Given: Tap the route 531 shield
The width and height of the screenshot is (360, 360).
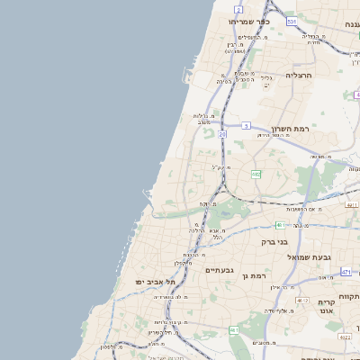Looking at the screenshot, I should click(292, 20).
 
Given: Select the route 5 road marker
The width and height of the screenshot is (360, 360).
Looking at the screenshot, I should click(245, 126).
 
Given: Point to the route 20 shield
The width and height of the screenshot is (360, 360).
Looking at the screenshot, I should click(221, 134).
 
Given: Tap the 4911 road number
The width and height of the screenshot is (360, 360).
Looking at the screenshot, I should click(350, 205).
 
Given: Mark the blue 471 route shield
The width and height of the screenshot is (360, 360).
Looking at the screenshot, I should click(346, 271).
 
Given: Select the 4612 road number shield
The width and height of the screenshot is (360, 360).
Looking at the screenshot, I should click(301, 301).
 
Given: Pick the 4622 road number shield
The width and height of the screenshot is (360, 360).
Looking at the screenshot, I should click(346, 337).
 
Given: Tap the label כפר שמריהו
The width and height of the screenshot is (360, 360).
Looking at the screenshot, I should click(243, 20).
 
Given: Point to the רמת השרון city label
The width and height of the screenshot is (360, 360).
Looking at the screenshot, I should click(289, 129).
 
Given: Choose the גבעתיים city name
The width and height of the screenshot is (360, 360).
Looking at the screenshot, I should click(219, 270).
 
